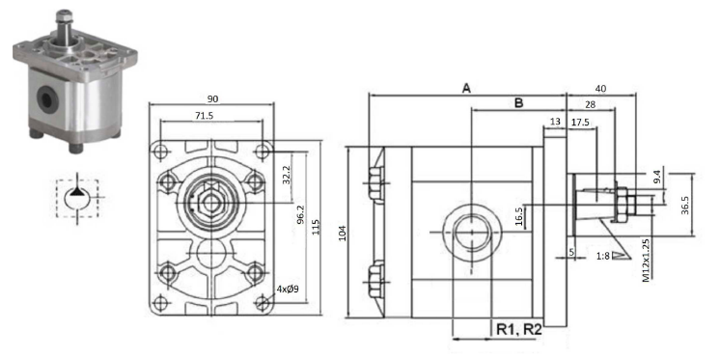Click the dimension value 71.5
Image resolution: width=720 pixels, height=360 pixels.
point(204,116)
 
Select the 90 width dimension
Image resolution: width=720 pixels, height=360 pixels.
point(212,98)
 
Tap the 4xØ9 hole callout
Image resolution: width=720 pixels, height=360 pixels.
point(288,289)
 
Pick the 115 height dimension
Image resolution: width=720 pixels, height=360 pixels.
point(316,228)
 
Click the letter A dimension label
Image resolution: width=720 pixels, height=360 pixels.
point(466,88)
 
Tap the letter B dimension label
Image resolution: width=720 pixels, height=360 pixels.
point(518,103)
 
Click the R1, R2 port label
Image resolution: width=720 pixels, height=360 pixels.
point(519,329)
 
